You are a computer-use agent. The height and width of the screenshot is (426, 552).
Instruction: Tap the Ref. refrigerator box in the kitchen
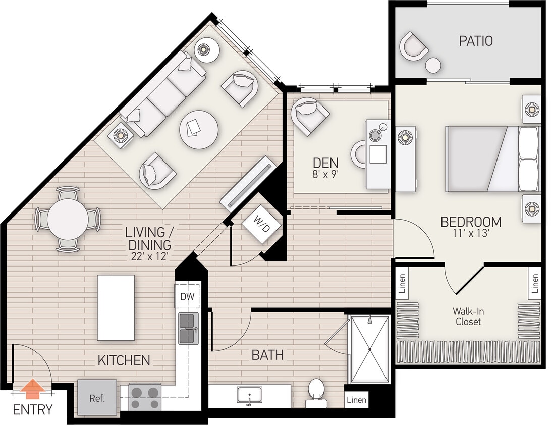point(97,398)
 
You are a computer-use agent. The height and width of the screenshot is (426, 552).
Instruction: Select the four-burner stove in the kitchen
point(145,397)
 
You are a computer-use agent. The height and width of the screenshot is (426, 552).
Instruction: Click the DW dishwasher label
point(187,297)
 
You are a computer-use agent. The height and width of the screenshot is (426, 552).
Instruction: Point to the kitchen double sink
point(188,329)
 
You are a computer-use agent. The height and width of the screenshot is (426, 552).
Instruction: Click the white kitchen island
point(116,307)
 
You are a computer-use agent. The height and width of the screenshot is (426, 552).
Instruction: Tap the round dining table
point(68,219)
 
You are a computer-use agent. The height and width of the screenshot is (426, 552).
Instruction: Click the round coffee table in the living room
point(199,130)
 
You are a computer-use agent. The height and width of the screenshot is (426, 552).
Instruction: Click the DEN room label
point(325,163)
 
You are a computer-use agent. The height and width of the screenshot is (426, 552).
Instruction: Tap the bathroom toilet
point(316,392)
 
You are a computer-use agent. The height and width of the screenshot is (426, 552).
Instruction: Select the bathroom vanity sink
point(249,395)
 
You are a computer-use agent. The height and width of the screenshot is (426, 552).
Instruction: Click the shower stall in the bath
point(370,349)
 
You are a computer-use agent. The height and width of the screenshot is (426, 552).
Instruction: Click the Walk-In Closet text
point(468,316)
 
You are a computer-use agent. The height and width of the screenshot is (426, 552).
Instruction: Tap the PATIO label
point(475,41)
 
